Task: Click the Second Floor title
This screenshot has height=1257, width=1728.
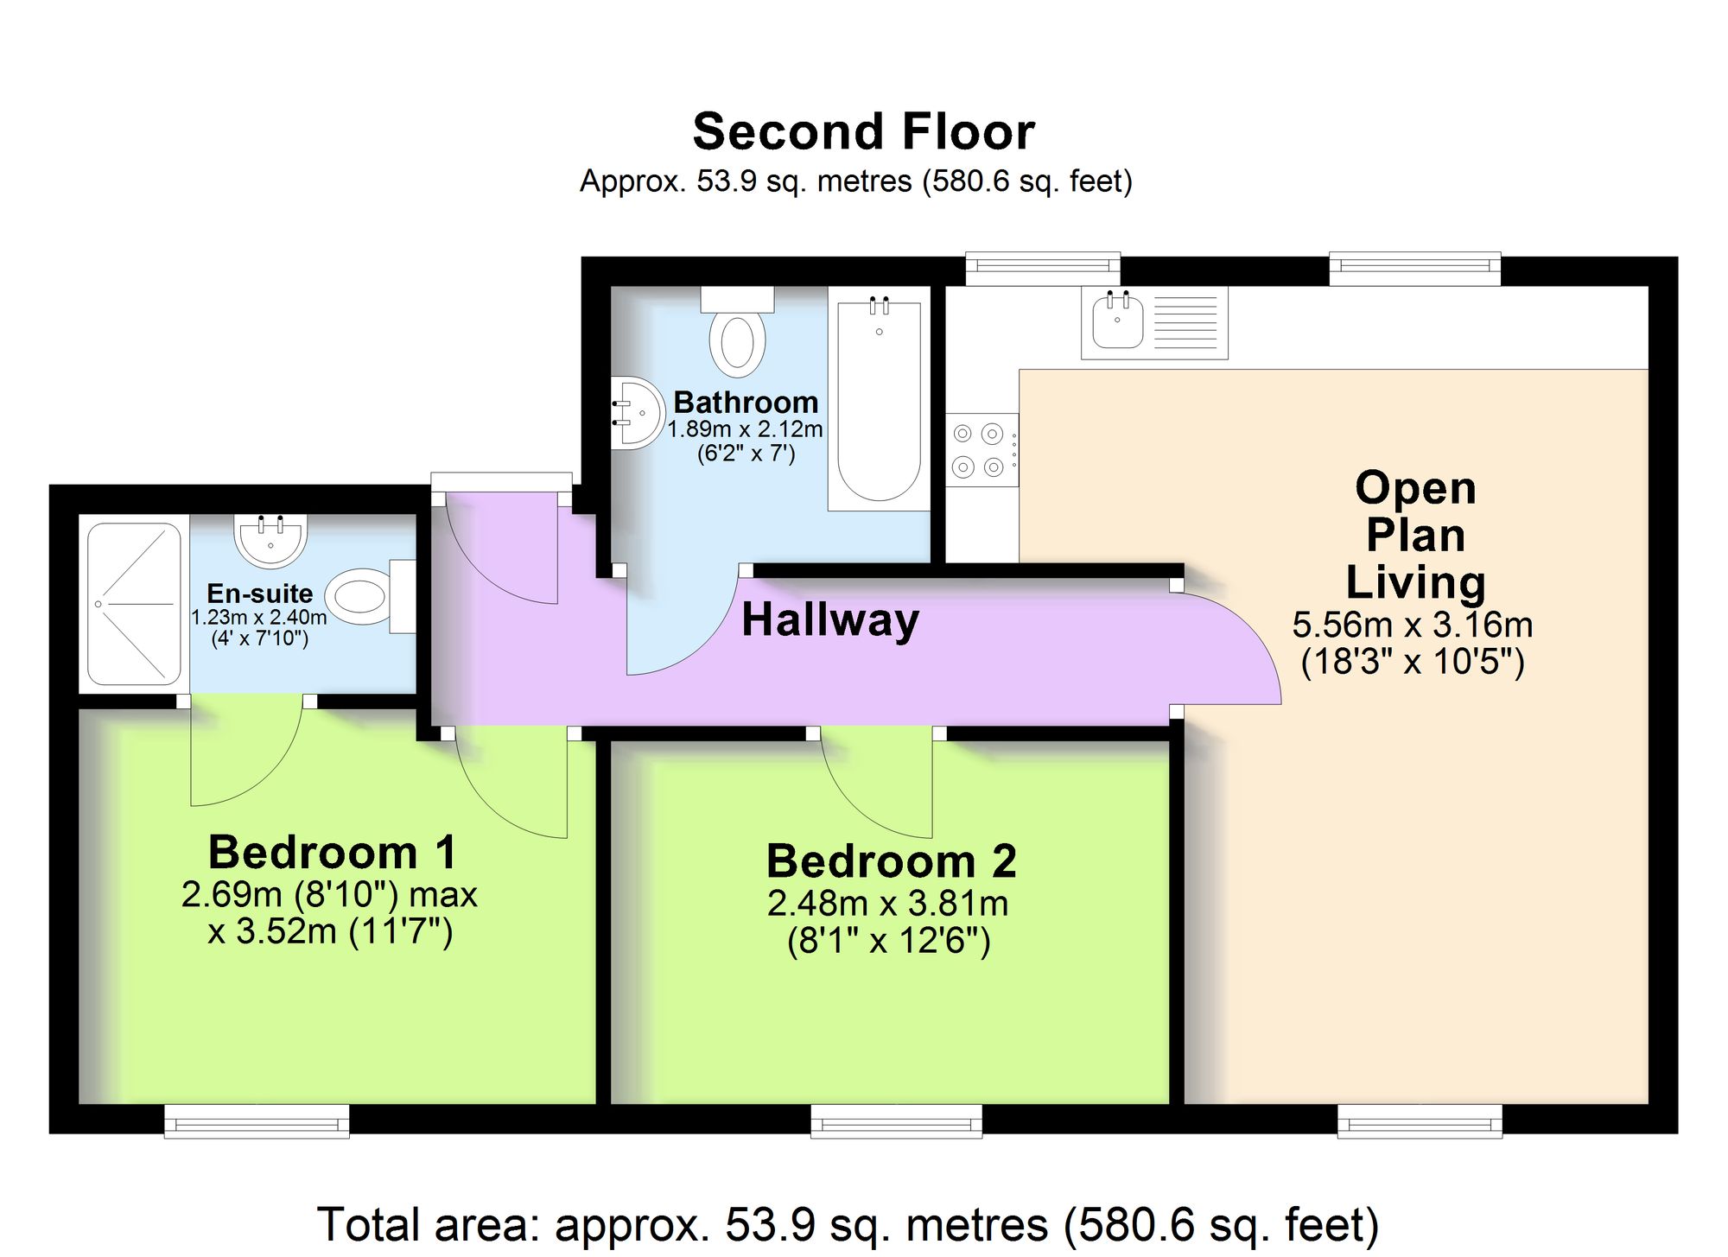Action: [x=863, y=131]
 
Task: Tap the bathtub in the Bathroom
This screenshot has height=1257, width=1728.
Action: [x=879, y=398]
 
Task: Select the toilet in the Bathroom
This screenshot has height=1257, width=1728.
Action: [x=737, y=332]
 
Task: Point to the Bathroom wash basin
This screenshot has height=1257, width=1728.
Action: [x=637, y=413]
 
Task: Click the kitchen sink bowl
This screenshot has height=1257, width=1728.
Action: [x=1117, y=320]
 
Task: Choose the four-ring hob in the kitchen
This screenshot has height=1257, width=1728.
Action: [x=982, y=449]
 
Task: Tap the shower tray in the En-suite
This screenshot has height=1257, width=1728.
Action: [x=134, y=603]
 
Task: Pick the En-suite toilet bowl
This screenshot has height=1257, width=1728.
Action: [x=359, y=596]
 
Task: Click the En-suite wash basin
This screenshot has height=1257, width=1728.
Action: [x=270, y=541]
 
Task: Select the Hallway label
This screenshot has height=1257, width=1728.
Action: [x=830, y=620]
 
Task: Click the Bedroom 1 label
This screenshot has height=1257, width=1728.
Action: [x=333, y=852]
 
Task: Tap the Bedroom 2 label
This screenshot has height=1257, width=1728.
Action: [x=891, y=860]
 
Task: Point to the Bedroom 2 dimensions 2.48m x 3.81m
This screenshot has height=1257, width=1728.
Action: [x=888, y=904]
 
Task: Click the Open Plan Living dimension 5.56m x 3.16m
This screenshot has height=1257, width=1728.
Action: [x=1413, y=625]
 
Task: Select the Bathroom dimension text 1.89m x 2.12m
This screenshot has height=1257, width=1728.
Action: [x=745, y=429]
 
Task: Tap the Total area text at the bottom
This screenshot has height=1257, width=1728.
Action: [x=848, y=1224]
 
